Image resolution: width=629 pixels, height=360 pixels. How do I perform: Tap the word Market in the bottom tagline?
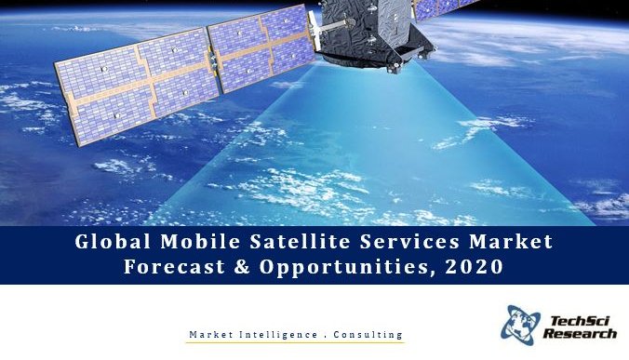[211, 333]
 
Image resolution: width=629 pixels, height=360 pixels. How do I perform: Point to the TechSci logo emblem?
[520, 323]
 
